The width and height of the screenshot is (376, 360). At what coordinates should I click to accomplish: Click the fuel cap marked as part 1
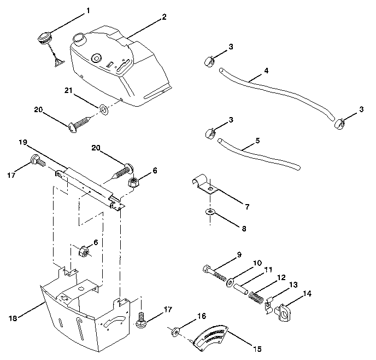tap(44, 39)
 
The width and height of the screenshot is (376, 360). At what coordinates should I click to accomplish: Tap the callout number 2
tap(164, 17)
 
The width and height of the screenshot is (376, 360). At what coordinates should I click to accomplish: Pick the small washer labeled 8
tap(210, 212)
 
